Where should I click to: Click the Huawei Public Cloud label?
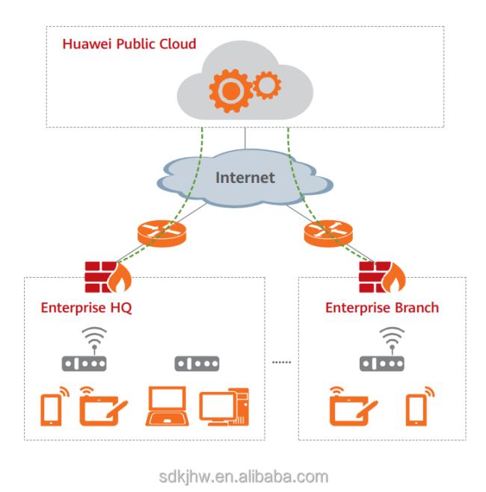point(129,43)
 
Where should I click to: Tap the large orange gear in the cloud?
point(231,91)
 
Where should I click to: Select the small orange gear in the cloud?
point(267,85)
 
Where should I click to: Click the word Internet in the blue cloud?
point(245,178)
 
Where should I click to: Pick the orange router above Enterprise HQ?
point(162,234)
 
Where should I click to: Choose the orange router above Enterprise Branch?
point(328,234)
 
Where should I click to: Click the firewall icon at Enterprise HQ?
point(108,277)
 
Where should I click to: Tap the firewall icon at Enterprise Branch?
point(382,277)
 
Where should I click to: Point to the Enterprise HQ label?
point(87,308)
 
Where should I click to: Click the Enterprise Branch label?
point(382,308)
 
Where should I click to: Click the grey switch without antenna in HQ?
point(197,364)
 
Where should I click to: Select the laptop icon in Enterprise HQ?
point(167,405)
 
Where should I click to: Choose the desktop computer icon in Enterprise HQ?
point(224,407)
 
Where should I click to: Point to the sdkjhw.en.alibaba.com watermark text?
point(244,477)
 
